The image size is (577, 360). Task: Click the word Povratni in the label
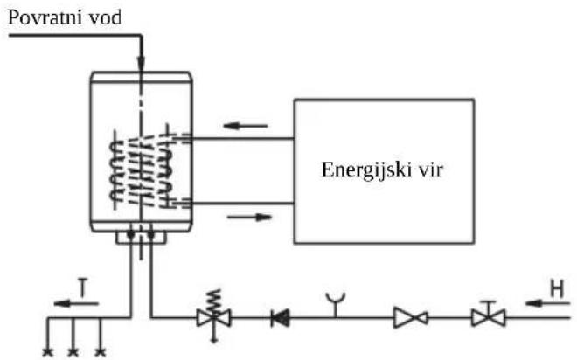click(x=45, y=17)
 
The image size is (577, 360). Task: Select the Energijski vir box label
click(x=382, y=170)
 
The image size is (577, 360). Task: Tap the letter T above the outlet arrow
click(x=84, y=287)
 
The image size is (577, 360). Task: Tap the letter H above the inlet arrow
click(x=557, y=288)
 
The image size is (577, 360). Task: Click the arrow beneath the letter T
click(x=76, y=304)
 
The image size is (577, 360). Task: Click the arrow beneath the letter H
click(x=547, y=303)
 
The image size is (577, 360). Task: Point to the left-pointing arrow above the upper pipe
click(x=246, y=126)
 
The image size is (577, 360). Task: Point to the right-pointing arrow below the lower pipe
click(x=249, y=217)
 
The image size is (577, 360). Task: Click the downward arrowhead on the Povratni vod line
click(x=141, y=63)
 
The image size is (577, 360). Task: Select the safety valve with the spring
click(x=214, y=315)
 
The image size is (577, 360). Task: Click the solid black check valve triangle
click(x=280, y=318)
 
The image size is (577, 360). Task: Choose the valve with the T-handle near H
click(x=489, y=315)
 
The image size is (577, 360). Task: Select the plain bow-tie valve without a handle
click(x=411, y=318)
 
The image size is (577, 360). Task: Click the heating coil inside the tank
click(x=142, y=170)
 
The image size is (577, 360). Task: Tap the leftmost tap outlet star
click(x=47, y=352)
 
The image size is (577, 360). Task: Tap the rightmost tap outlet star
click(x=100, y=352)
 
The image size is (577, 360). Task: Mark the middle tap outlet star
click(x=73, y=352)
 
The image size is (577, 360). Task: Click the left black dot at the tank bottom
click(x=130, y=234)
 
